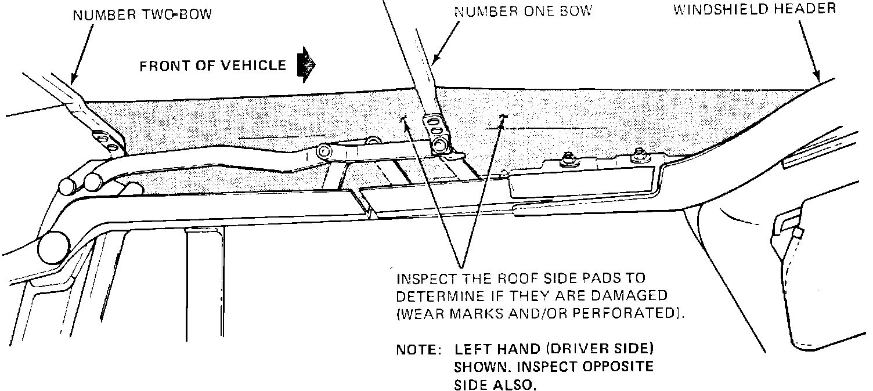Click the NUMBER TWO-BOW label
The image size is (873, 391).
pos(142,14)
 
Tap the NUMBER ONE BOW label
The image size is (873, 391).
pos(522,11)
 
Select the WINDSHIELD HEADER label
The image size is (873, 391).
pos(754,9)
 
